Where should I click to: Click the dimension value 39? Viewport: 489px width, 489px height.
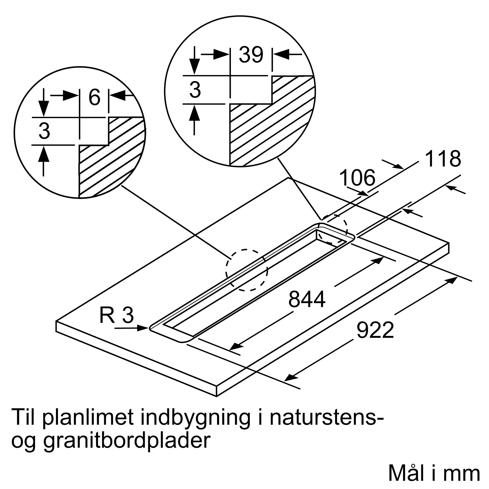pos(251,55)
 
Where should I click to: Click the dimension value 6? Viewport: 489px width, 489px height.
pos(94,98)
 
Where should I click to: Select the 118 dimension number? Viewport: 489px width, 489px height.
pos(443,159)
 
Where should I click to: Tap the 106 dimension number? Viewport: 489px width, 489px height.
pos(357,178)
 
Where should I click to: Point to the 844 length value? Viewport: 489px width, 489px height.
pos(307,299)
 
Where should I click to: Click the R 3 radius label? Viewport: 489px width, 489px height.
pos(116,315)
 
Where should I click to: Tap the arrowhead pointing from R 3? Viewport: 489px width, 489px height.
pos(143,328)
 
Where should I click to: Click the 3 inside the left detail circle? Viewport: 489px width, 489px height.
pos(44,131)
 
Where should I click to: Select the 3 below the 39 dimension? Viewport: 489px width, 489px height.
pos(195,90)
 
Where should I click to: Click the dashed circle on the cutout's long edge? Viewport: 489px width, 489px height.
pos(247,270)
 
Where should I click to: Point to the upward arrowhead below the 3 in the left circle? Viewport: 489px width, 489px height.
pos(44,154)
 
